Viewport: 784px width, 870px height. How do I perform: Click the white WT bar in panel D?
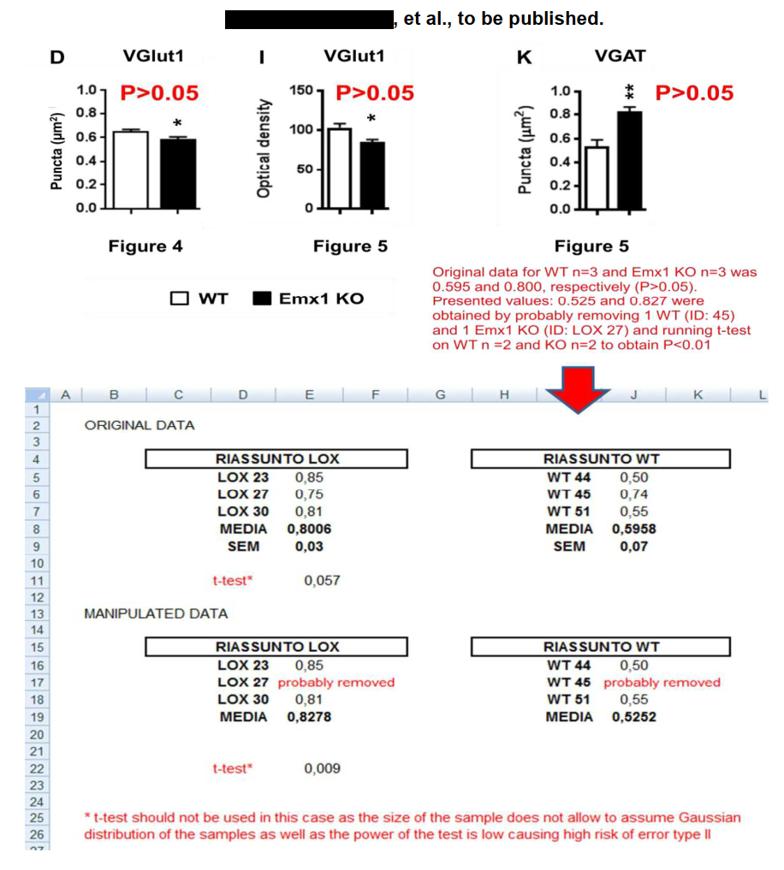click(x=130, y=169)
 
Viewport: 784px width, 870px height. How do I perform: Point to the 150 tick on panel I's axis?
click(x=300, y=90)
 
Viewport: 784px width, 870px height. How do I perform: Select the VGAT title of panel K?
click(x=620, y=56)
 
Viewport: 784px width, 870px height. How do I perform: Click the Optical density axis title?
click(x=265, y=147)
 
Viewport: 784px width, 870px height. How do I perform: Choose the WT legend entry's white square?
click(x=180, y=299)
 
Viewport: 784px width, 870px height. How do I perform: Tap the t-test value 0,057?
click(x=322, y=580)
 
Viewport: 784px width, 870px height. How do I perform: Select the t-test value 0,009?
click(x=322, y=768)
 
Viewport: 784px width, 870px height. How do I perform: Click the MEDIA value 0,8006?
click(x=309, y=529)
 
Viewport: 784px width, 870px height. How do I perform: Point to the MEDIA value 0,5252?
click(x=634, y=717)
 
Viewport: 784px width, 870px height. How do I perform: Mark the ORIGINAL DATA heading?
click(x=139, y=425)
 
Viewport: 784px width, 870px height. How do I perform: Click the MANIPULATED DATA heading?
click(x=156, y=613)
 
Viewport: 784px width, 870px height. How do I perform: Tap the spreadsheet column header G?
click(x=440, y=394)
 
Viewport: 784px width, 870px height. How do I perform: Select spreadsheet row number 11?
click(x=37, y=580)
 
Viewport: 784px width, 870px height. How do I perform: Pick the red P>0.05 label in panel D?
click(x=159, y=92)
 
